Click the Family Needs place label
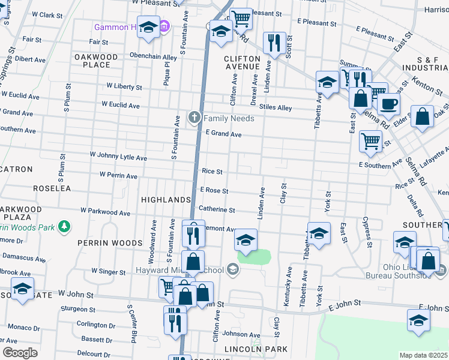click(229, 118)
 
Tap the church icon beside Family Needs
click(194, 118)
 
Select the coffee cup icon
click(388, 103)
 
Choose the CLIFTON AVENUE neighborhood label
click(242, 63)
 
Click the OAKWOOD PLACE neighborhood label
click(96, 61)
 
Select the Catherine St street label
click(217, 210)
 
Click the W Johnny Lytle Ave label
click(118, 158)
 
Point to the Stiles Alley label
click(276, 108)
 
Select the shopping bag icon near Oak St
click(422, 116)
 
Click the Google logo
click(20, 352)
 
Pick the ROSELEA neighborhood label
click(52, 188)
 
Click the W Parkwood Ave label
click(106, 212)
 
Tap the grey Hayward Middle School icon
click(233, 270)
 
